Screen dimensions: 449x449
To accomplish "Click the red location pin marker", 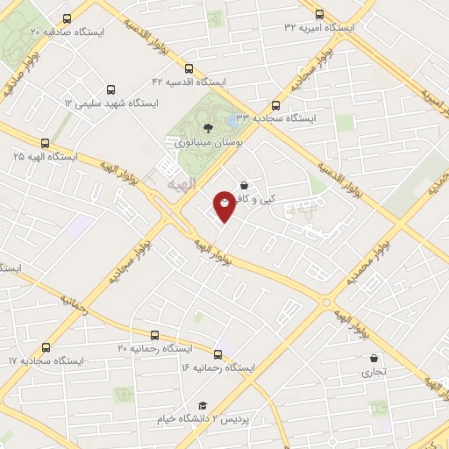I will coord(225,205).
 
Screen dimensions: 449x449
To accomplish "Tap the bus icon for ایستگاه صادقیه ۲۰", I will coord(67,18).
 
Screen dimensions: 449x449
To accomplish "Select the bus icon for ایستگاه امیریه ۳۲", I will coord(318,14).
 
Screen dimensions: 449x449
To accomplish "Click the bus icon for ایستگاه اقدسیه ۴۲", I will coord(189,68).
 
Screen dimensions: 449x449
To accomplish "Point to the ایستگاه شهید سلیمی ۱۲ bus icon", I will coord(110,89).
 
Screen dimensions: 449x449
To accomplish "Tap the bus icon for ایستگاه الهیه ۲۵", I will coord(45,143).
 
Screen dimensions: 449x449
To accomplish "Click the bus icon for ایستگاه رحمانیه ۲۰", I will coord(155,335).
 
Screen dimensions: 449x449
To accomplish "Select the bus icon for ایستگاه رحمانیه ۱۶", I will coord(217,355).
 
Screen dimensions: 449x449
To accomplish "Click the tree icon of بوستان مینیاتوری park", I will coord(207,127).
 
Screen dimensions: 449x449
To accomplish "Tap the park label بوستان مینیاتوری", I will coord(206,141).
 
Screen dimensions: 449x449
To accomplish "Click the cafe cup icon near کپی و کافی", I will coord(243,186).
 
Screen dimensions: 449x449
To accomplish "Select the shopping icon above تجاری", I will coord(374,359).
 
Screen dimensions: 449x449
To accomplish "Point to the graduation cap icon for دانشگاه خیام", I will coord(203,405).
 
